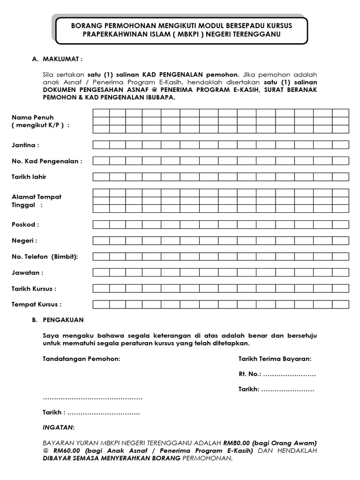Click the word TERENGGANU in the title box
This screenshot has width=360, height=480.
pos(261,35)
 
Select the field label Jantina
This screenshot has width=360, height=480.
pos(25,145)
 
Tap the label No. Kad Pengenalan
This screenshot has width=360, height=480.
pos(47,161)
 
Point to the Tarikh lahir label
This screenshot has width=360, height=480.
pos(29,177)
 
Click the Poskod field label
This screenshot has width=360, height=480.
pos(25,225)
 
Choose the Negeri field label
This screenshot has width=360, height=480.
pos(24,240)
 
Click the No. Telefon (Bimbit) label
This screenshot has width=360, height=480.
pos(45,256)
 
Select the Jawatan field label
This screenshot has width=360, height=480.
pos(27,272)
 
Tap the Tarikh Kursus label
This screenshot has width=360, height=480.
pos(34,288)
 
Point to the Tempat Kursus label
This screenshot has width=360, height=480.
pos(36,304)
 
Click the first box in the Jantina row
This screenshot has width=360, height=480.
pos(101,145)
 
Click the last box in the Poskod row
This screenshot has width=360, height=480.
pos(341,225)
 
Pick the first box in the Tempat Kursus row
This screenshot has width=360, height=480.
pos(101,304)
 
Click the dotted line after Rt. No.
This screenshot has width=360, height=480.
pos(289,375)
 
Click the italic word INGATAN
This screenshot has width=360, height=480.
pos(58,428)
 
